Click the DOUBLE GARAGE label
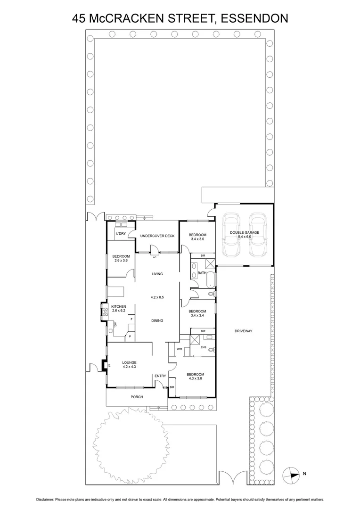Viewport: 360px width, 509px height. (245, 233)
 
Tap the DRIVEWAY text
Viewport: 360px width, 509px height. (244, 331)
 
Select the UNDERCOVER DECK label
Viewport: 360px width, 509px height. (157, 236)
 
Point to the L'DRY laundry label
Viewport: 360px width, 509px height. (121, 234)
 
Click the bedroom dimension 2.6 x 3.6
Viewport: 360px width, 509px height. (120, 261)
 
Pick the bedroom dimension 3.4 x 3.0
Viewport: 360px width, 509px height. (197, 239)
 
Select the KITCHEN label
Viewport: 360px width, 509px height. (119, 306)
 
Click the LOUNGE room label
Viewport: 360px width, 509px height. (129, 362)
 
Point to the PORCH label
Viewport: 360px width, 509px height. (137, 397)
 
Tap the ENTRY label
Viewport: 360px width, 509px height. (160, 376)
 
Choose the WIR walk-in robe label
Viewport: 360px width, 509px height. (180, 349)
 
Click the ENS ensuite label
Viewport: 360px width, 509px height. (204, 347)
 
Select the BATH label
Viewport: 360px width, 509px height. (202, 273)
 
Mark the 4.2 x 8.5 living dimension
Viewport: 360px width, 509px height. (157, 297)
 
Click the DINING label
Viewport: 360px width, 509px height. (157, 320)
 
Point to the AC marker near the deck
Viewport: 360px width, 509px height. (154, 257)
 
